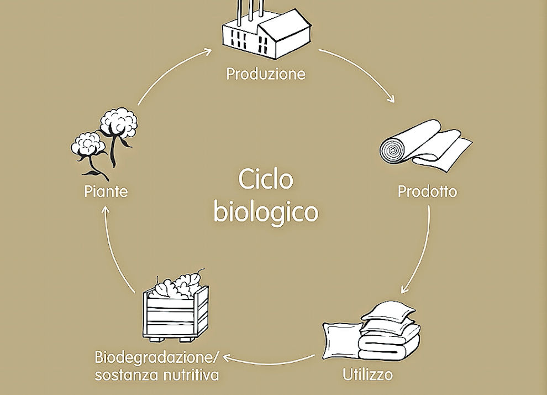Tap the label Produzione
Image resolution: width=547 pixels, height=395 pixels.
(x=266, y=74)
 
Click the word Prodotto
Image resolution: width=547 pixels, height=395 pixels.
(x=428, y=191)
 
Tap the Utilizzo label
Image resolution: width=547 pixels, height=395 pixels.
(x=368, y=375)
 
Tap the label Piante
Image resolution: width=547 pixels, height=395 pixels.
(x=106, y=191)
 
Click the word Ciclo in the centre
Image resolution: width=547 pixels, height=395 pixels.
(x=266, y=180)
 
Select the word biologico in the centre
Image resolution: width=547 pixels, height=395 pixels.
(x=266, y=212)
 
